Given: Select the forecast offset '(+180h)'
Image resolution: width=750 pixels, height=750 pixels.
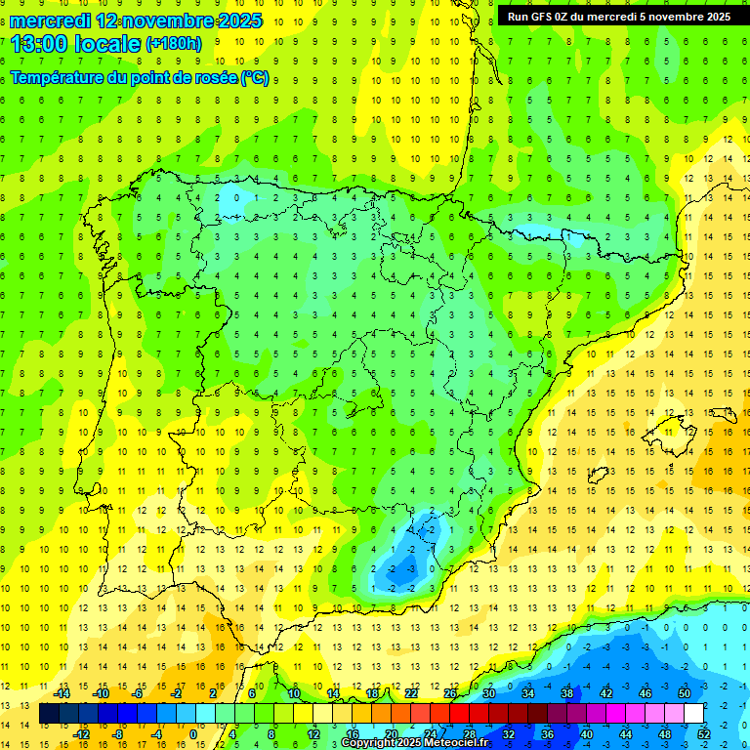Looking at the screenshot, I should click(x=173, y=44).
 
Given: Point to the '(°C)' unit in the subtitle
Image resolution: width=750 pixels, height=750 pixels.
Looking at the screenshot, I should click(x=254, y=78).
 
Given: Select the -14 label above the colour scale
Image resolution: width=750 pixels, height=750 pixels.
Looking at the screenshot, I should click(x=62, y=694).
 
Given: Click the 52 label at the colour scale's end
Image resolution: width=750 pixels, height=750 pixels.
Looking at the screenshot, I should click(x=703, y=734).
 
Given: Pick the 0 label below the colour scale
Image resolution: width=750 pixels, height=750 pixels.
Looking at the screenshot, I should click(x=192, y=734).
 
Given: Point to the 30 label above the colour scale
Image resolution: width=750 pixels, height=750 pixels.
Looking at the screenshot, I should click(x=488, y=694).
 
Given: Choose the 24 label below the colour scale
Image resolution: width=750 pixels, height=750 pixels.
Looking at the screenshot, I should click(x=431, y=734).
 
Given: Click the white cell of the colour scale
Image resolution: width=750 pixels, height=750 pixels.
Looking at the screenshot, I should click(x=693, y=714).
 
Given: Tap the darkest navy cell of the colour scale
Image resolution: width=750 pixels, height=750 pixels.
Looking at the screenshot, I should click(x=49, y=714).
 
